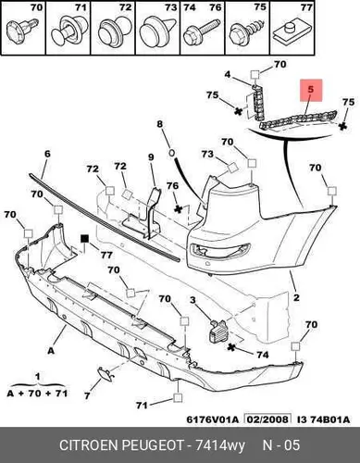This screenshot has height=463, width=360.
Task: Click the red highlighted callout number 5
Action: pyautogui.click(x=311, y=90)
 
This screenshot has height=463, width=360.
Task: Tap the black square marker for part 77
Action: pyautogui.click(x=84, y=239)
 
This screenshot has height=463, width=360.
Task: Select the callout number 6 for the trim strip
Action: pyautogui.click(x=47, y=154)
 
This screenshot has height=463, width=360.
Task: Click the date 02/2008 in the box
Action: pyautogui.click(x=267, y=419)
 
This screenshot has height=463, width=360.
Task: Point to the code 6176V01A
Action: pyautogui.click(x=213, y=419)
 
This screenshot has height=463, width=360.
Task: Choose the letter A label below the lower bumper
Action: pyautogui.click(x=51, y=351)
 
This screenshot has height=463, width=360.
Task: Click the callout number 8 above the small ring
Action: pyautogui.click(x=159, y=124)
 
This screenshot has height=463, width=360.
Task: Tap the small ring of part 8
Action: pyautogui.click(x=172, y=153)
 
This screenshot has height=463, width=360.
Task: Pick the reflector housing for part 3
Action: pyautogui.click(x=218, y=332)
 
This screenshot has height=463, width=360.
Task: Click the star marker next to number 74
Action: pyautogui.click(x=231, y=347)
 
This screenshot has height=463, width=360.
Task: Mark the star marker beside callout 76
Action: pyautogui.click(x=178, y=209)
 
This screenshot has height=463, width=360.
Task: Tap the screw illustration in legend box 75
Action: pyautogui.click(x=247, y=31)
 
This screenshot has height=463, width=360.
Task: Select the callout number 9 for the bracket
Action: pyautogui.click(x=151, y=157)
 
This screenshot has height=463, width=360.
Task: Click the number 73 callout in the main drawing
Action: pyautogui.click(x=207, y=154)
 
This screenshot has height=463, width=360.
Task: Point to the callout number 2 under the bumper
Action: pyautogui.click(x=296, y=297)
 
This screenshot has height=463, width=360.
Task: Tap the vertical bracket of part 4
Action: pyautogui.click(x=258, y=102)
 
